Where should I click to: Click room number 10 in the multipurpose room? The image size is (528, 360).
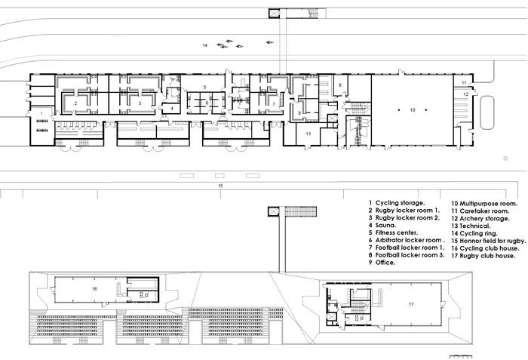point(413,110)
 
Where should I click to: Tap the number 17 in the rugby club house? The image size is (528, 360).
point(411,304)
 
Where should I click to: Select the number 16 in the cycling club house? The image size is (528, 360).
point(94,289)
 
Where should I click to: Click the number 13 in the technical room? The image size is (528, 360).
point(308,134)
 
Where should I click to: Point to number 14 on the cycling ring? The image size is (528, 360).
point(204,45)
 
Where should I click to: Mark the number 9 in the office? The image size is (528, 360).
point(339,85)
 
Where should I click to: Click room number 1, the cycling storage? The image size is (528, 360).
point(41,113)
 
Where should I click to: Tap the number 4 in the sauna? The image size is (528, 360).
point(172,108)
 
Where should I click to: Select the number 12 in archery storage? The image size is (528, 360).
point(465,94)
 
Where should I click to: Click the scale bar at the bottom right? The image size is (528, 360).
point(461,356)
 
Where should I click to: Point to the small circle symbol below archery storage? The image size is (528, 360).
point(505,158)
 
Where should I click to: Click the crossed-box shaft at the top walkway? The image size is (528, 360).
point(274,14)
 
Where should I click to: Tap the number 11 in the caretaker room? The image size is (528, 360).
point(464,83)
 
